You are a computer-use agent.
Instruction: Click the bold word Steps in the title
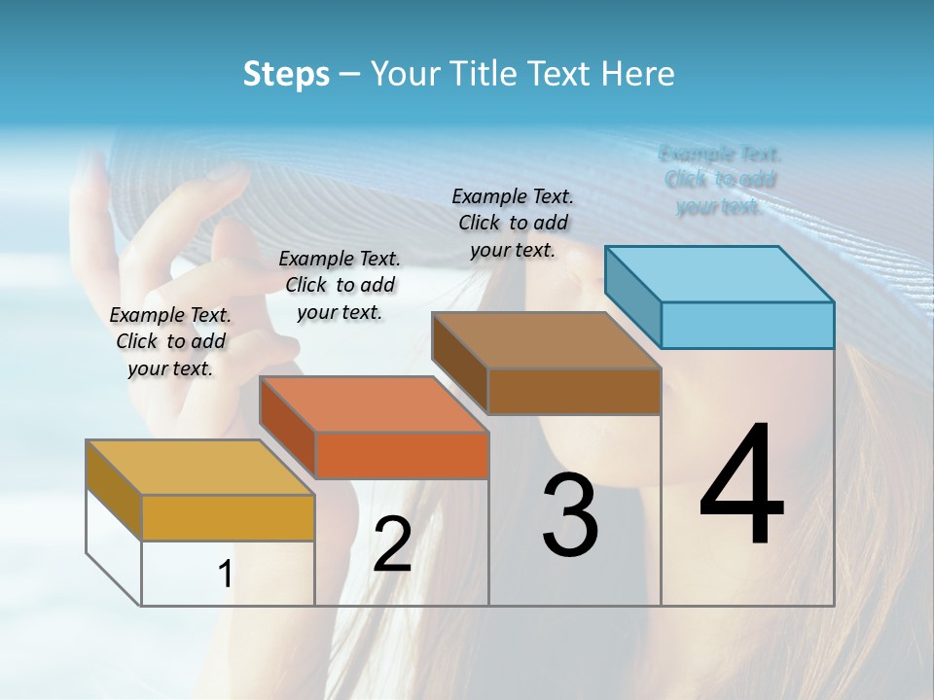point(286,74)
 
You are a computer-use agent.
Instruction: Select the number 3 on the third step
point(570,515)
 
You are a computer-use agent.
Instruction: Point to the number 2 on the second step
point(392,544)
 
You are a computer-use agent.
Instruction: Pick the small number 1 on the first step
point(225,575)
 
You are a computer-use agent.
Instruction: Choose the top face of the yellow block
point(200,468)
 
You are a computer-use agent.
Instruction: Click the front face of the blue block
point(747,325)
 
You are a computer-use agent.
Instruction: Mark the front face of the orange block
point(402,455)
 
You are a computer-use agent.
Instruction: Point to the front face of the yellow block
point(228,517)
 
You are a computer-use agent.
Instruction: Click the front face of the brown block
point(574,391)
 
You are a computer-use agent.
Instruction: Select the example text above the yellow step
point(170,341)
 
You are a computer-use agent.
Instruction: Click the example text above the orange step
point(340,285)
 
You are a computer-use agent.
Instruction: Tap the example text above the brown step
point(513,223)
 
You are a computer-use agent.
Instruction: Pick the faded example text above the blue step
point(720,180)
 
